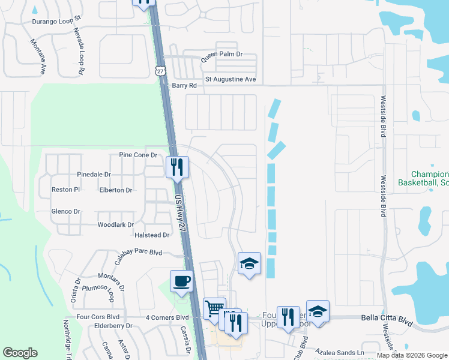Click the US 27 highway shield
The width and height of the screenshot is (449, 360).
[x=160, y=70]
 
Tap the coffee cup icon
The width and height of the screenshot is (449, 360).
[x=181, y=281]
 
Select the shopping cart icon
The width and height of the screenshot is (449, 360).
[x=214, y=308]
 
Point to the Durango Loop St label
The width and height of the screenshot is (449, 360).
[x=56, y=21]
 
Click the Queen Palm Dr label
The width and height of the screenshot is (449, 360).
[x=221, y=54]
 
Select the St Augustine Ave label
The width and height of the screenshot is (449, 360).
[x=231, y=79]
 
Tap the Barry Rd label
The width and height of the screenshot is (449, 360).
[x=184, y=86]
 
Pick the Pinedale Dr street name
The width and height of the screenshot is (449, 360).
[x=94, y=175]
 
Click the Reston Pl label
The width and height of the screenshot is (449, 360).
[x=65, y=190]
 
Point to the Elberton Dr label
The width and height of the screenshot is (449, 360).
[x=116, y=190]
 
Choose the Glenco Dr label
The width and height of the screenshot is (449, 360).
[x=66, y=212]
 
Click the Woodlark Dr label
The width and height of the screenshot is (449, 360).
[x=115, y=225]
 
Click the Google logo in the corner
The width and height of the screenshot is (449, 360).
[x=20, y=353]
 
